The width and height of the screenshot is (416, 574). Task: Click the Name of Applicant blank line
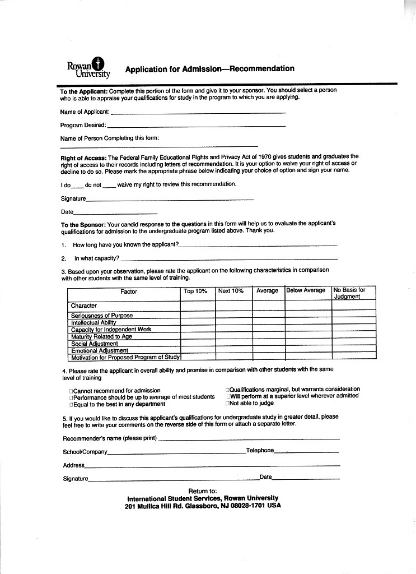198,113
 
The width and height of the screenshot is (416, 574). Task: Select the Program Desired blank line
196,126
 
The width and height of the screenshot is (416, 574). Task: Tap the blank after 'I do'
77,186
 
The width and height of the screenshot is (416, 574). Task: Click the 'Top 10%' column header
195,291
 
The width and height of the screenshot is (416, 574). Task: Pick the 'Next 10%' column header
231,291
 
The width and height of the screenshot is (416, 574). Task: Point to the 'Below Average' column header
306,290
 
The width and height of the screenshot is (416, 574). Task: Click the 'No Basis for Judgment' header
349,293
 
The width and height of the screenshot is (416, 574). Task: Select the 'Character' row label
84,305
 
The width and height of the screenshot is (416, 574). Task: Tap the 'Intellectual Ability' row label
94,322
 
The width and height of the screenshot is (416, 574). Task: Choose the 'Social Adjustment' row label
95,344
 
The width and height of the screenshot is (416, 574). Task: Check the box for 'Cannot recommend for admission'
71,391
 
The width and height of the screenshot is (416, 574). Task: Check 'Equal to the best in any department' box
71,404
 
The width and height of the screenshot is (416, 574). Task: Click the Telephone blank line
306,452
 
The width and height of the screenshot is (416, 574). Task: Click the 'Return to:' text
203,491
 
